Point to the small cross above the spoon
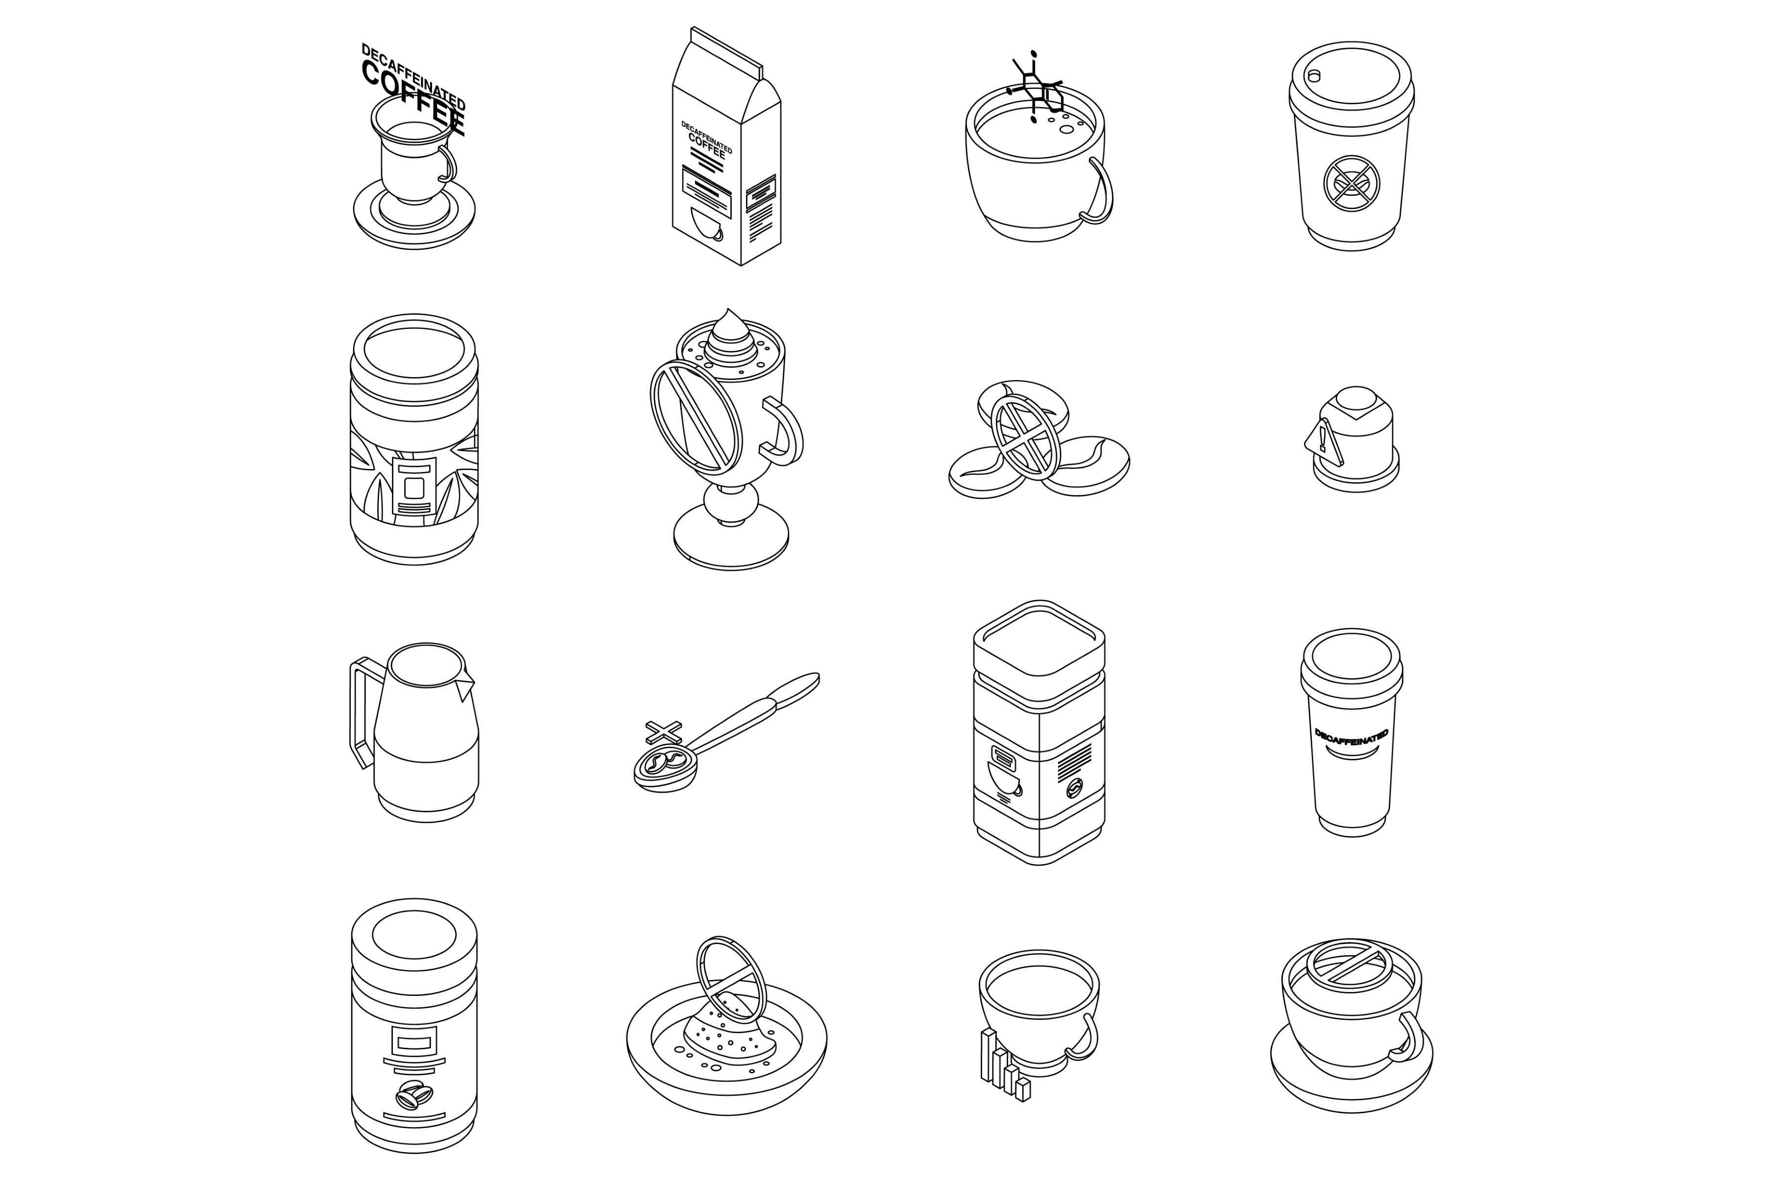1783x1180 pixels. coord(663,732)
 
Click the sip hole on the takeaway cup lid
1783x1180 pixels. coord(1314,76)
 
